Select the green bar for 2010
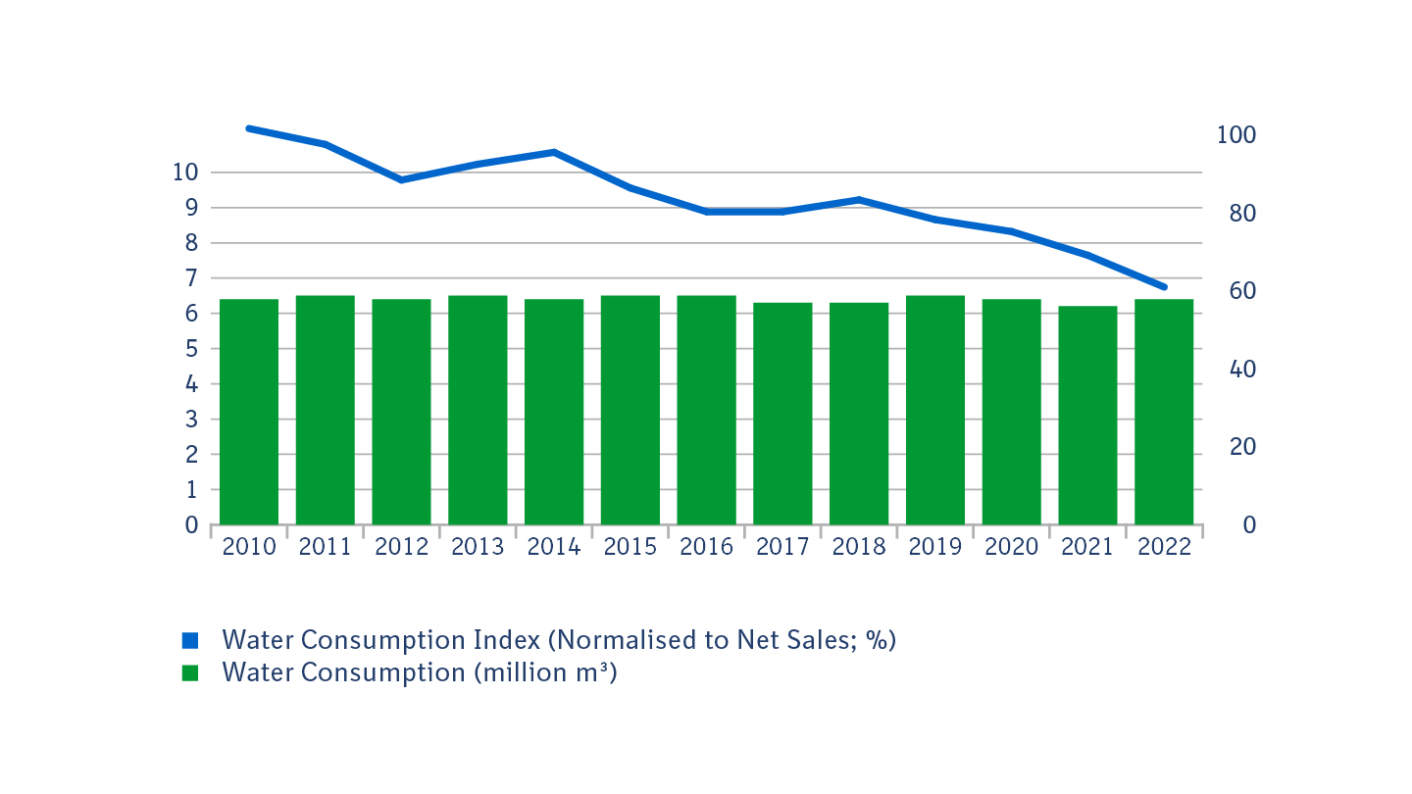click(249, 412)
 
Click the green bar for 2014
click(554, 412)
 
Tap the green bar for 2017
click(782, 414)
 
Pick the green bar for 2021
click(1087, 416)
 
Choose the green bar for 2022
click(1164, 412)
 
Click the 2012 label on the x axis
click(402, 547)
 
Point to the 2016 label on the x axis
click(706, 547)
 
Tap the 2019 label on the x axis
click(934, 547)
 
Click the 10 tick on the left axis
click(185, 173)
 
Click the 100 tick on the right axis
click(1236, 135)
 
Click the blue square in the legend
click(190, 640)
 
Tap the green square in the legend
click(190, 673)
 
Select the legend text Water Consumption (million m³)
click(419, 673)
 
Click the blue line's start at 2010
click(249, 128)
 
